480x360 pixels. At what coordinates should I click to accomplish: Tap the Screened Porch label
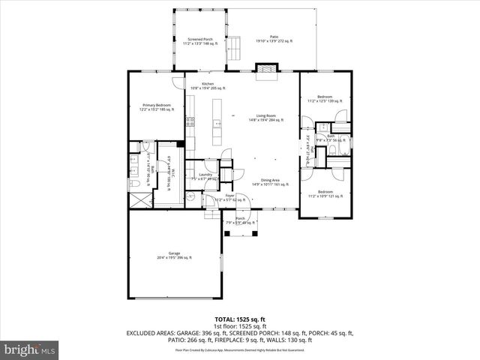tap(201, 42)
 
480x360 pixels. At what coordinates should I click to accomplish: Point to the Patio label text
tap(274, 38)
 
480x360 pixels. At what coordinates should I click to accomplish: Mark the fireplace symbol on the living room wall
tap(266, 70)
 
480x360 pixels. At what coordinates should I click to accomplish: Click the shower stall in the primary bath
tap(136, 199)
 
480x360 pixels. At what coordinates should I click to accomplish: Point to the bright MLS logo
tap(30, 349)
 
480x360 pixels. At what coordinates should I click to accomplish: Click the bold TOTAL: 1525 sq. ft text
tap(240, 319)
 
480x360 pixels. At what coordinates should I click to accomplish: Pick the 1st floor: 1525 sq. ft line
tap(240, 327)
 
